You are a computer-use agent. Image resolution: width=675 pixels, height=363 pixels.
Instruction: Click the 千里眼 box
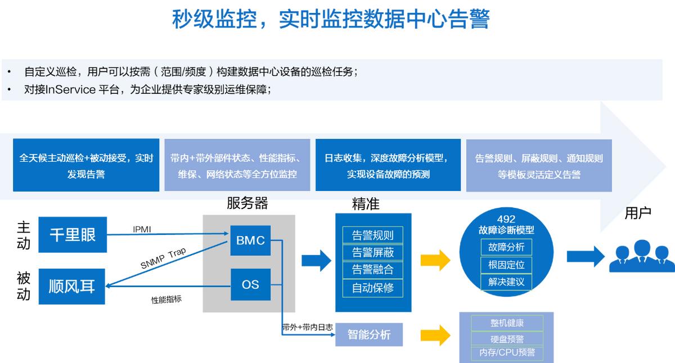(73, 234)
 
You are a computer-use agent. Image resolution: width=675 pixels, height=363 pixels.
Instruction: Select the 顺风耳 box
(72, 286)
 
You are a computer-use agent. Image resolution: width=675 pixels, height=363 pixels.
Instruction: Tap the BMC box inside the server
(250, 241)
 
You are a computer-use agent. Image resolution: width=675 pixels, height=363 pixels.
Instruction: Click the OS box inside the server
(250, 284)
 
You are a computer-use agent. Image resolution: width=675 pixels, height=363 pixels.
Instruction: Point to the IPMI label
(142, 229)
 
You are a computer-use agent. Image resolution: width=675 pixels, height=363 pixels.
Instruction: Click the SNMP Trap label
(163, 258)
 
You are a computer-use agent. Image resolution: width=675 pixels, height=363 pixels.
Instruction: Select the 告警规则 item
(373, 235)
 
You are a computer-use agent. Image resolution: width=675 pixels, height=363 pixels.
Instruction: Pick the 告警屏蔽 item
(373, 252)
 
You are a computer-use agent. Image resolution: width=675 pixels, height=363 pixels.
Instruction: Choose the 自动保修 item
(373, 288)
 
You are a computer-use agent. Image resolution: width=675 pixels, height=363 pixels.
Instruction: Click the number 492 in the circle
(506, 219)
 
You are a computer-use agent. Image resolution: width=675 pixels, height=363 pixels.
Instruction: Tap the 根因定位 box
(506, 265)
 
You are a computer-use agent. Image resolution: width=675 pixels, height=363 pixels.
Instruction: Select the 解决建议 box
(506, 282)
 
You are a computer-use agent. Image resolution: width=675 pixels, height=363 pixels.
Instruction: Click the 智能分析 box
(369, 334)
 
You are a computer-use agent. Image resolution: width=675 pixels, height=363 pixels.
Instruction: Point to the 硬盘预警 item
(507, 339)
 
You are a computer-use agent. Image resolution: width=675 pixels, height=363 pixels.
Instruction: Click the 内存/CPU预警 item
(507, 352)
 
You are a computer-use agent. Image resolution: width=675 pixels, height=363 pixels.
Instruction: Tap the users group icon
(642, 256)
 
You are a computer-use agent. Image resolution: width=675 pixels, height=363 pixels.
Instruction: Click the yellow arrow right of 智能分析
(435, 335)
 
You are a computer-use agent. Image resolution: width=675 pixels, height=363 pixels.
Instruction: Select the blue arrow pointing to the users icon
(586, 256)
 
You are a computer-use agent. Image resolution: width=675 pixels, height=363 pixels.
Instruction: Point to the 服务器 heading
(247, 203)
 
